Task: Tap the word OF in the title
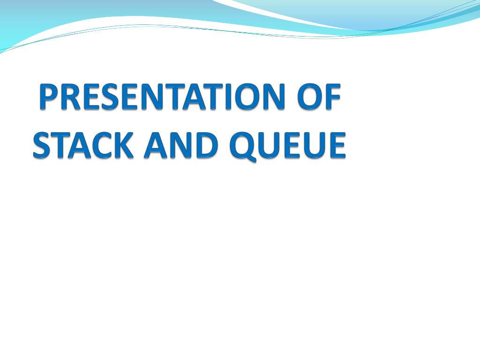click(x=319, y=97)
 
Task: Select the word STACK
click(x=83, y=145)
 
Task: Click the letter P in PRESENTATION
click(x=49, y=97)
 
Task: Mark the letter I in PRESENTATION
click(x=228, y=97)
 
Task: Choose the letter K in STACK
click(x=124, y=145)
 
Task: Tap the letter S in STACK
click(x=42, y=145)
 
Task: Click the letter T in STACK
click(x=60, y=145)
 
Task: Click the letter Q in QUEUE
click(x=243, y=146)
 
